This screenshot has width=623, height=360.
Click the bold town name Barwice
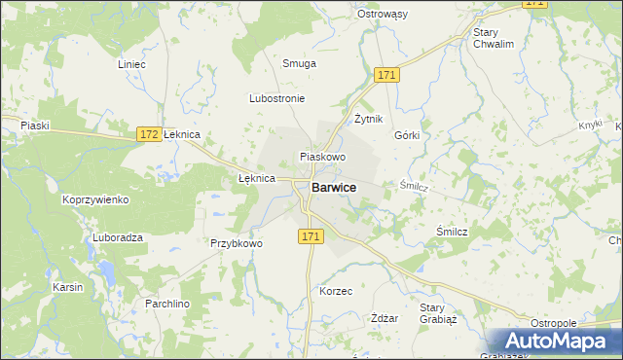(x=333, y=187)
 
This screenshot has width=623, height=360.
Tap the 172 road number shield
(x=148, y=134)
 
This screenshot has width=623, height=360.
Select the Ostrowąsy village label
(x=409, y=14)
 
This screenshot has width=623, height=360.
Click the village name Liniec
(x=130, y=64)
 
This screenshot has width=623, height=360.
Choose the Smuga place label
(x=299, y=63)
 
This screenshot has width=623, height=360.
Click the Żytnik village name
(x=369, y=119)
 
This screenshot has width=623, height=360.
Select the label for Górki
(x=407, y=135)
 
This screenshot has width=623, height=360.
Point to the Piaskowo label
(x=323, y=156)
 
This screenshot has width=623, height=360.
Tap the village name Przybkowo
(x=237, y=243)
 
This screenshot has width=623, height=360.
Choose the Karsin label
(x=68, y=288)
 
